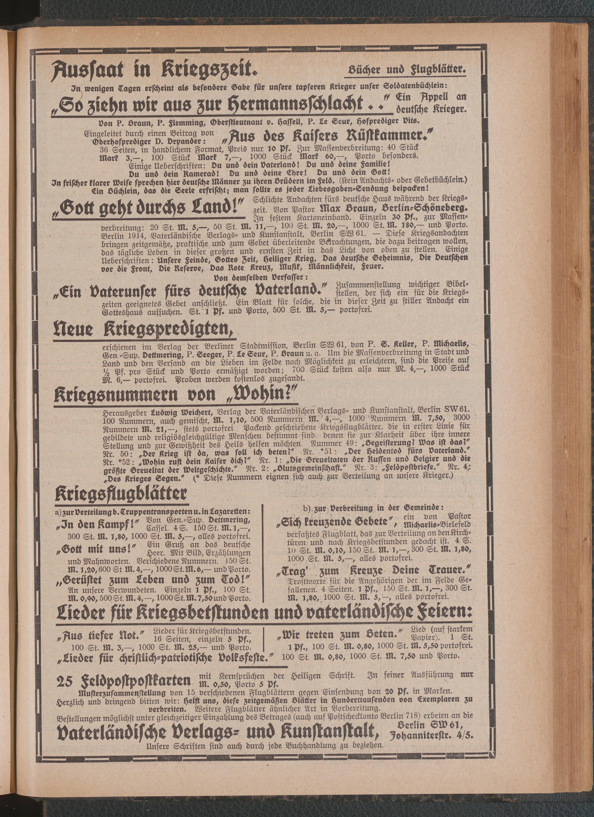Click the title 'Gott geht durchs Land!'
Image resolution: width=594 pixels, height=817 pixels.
coord(149,207)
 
